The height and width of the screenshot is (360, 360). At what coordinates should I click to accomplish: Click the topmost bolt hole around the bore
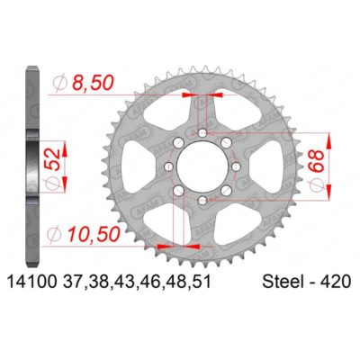click(203, 133)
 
